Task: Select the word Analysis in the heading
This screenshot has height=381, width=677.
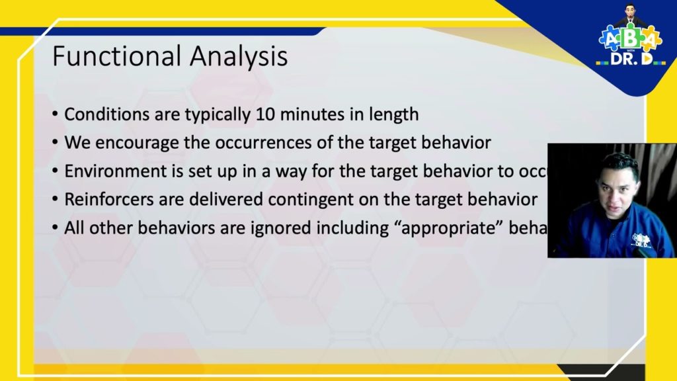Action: pyautogui.click(x=239, y=58)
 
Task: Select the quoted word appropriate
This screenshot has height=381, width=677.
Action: pyautogui.click(x=441, y=227)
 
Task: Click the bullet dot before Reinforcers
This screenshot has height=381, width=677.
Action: pyautogui.click(x=55, y=199)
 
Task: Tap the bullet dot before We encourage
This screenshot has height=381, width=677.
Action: pyautogui.click(x=55, y=143)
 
